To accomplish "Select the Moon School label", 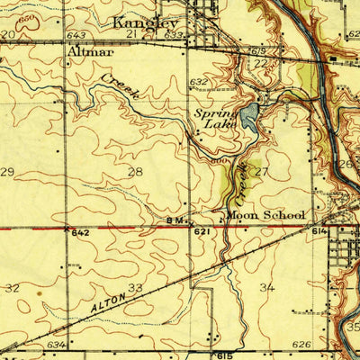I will click(x=265, y=216).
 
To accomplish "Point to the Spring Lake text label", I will click(x=216, y=120).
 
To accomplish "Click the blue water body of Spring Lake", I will click(x=249, y=114).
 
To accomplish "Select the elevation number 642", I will click(x=81, y=232).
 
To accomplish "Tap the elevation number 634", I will click(x=56, y=344).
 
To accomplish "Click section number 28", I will click(x=135, y=171).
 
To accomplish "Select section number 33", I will click(x=135, y=288).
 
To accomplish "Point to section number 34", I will click(x=266, y=288).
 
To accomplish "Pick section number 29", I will click(x=7, y=171).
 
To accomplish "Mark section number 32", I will click(x=12, y=288).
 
